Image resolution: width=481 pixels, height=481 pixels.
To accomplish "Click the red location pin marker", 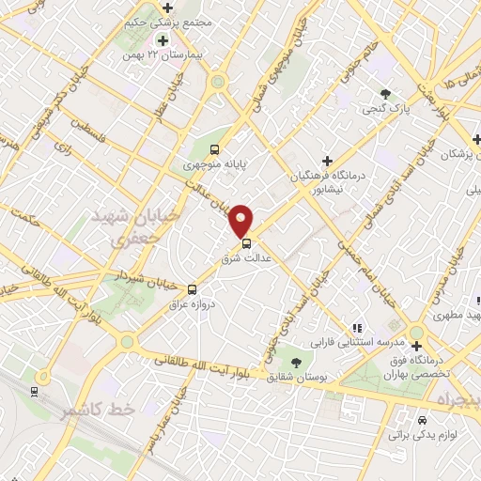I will pos(242,220).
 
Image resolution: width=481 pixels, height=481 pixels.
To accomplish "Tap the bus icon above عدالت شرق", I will pos(246,243).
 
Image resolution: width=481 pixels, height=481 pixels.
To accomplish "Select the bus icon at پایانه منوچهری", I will pos(215,149).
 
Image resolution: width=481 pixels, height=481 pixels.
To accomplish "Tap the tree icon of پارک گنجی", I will pos(386,93).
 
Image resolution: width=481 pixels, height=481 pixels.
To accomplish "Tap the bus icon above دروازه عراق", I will pos(192,289).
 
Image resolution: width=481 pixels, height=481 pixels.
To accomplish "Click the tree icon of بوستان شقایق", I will pos(298,361).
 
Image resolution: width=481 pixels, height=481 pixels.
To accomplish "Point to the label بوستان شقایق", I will pos(298,377).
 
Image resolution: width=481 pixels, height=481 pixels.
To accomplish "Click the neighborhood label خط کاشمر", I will pos(99,411).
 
